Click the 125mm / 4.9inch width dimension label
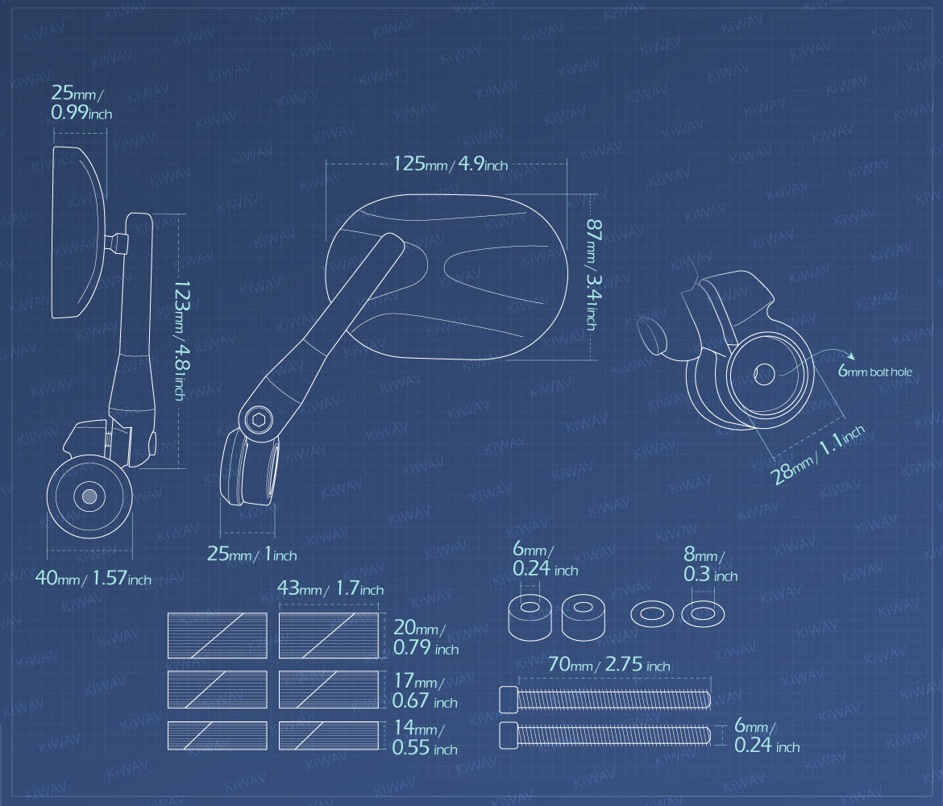click(x=451, y=164)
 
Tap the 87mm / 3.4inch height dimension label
click(x=592, y=274)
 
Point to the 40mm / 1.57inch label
click(x=93, y=579)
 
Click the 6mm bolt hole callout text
click(x=875, y=371)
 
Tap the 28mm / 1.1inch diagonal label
click(x=819, y=454)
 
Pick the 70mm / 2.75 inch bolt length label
click(x=609, y=664)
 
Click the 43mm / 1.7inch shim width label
click(x=330, y=588)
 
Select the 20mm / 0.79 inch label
click(x=426, y=638)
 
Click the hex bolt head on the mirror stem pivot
click(x=260, y=418)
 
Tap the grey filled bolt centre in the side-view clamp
click(x=89, y=496)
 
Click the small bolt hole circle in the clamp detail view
click(x=764, y=375)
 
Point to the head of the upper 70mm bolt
click(x=509, y=700)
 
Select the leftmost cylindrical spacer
click(x=530, y=617)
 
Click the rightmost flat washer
click(x=703, y=614)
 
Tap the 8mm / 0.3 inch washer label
click(x=710, y=565)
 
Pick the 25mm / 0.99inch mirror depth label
click(x=81, y=102)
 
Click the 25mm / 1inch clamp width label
click(x=251, y=554)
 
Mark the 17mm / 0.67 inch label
click(x=425, y=691)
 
